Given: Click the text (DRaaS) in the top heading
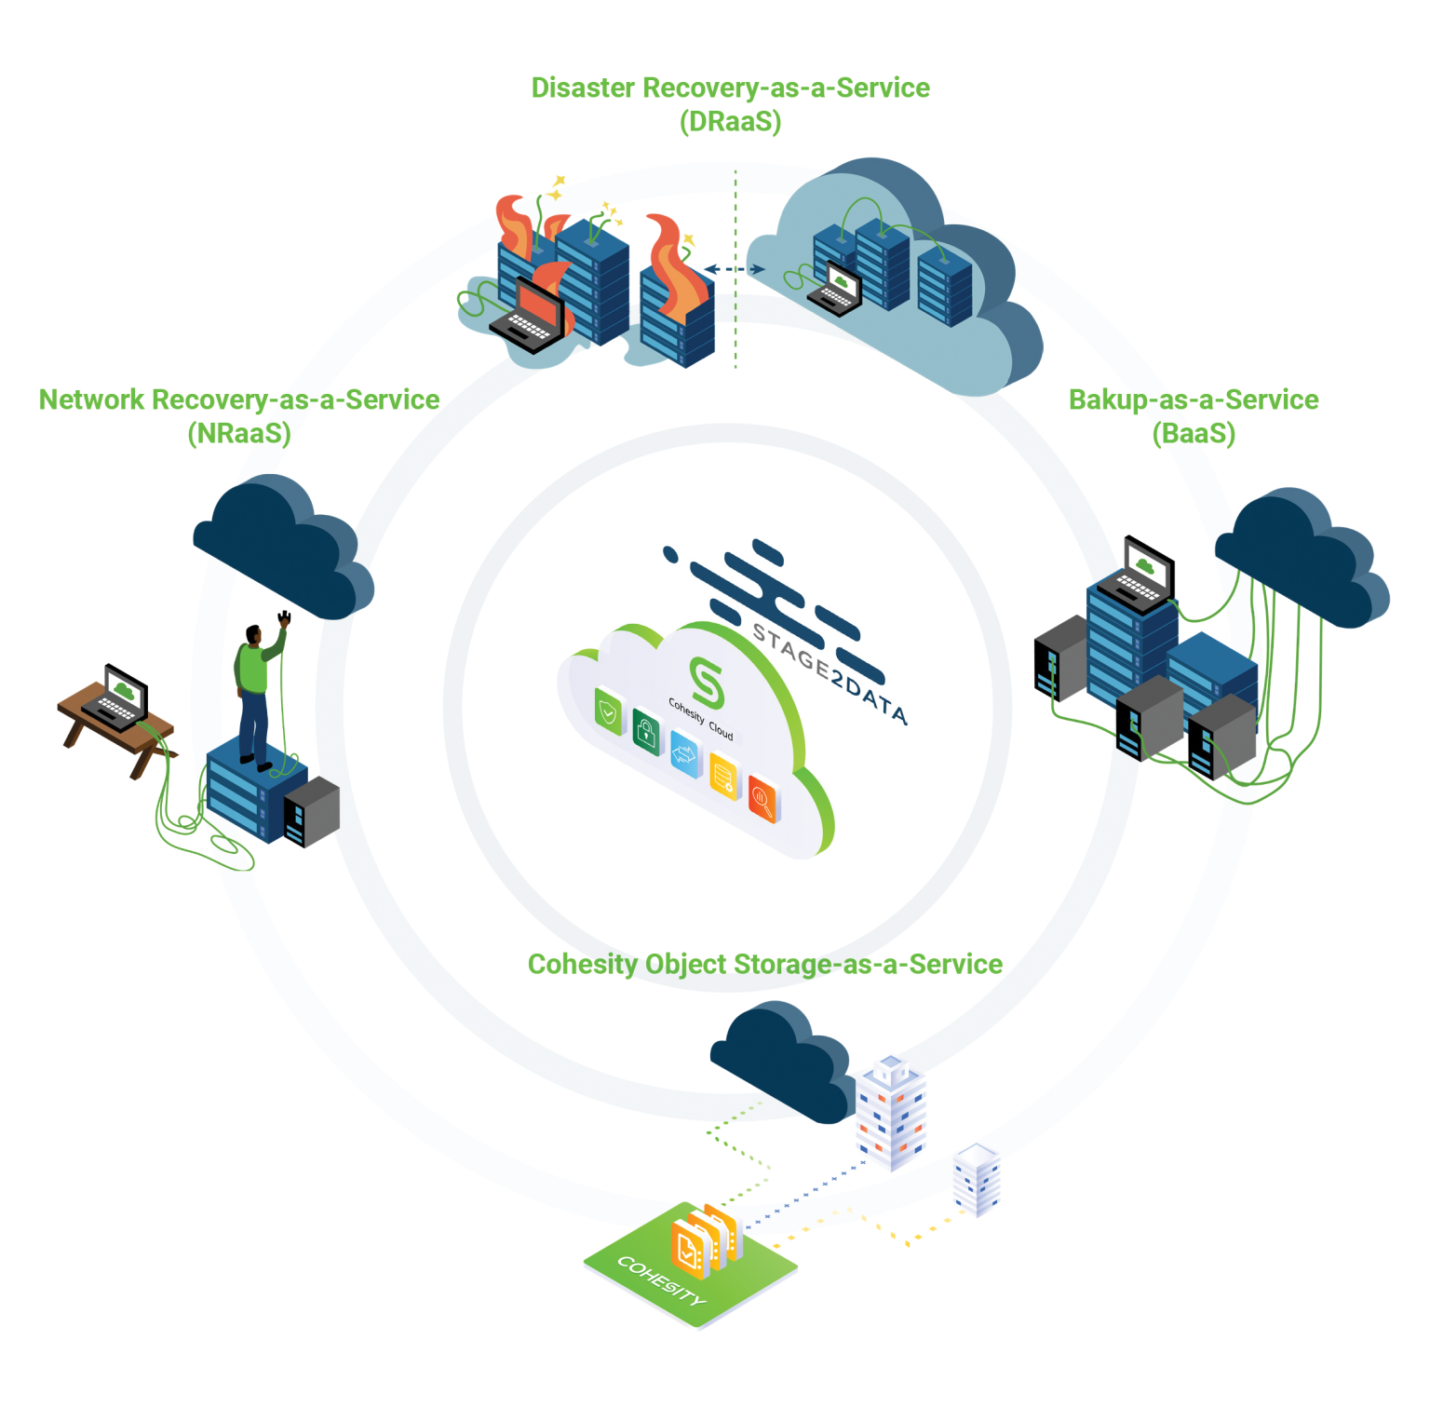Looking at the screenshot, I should [x=730, y=122].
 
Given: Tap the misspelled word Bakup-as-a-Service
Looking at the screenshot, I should [x=1193, y=399].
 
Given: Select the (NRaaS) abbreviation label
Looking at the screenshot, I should [x=239, y=433].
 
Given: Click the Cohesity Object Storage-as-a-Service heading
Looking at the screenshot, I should [x=764, y=964].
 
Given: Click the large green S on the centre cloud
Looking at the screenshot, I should [x=707, y=682].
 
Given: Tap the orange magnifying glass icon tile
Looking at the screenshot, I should [x=762, y=799].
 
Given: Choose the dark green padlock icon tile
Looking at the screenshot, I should [x=645, y=732].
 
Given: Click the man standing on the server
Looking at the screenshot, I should [x=255, y=694].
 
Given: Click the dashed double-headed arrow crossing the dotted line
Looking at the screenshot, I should [x=735, y=269].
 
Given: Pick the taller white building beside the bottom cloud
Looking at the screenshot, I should [x=891, y=1112].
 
